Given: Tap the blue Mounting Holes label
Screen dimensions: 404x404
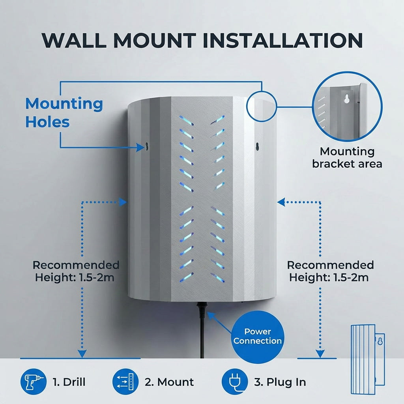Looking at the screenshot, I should (64, 113).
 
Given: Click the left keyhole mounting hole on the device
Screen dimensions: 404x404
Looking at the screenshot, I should (146, 147).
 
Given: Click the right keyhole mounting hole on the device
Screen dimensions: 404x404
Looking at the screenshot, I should (256, 147).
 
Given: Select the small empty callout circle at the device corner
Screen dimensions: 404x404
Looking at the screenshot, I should (261, 106).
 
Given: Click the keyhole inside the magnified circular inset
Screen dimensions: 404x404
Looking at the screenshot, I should (346, 98).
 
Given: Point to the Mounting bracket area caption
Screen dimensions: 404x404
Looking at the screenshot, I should (347, 157).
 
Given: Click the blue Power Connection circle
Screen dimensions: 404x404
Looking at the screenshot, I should (257, 336).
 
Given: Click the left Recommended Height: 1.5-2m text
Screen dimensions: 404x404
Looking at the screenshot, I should (76, 271).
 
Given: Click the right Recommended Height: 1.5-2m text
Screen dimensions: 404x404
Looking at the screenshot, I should (330, 271).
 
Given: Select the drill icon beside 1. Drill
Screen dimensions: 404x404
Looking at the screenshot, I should (31, 382).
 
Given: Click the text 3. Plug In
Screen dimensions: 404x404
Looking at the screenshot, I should (280, 382).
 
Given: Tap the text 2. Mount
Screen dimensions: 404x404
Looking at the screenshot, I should (169, 382).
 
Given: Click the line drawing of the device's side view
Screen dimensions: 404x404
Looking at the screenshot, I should (367, 359).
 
